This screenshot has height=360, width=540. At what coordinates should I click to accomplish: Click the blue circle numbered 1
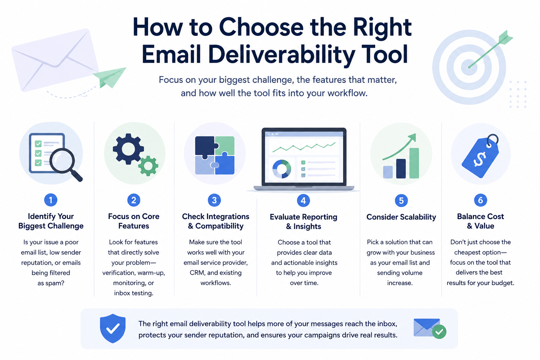tap(51, 200)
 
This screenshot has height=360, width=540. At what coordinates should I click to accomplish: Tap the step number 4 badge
tap(303, 200)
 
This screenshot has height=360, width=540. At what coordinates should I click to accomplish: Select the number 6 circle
tap(481, 200)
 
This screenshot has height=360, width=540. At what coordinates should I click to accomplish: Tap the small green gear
tap(148, 166)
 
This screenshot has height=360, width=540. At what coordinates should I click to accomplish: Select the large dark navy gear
tap(128, 149)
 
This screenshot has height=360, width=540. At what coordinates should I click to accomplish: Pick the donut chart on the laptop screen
tap(281, 169)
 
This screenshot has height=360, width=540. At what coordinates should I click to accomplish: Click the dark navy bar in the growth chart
tap(401, 168)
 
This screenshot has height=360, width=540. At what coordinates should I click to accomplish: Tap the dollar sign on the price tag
tap(480, 159)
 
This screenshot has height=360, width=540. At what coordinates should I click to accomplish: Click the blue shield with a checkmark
tap(112, 328)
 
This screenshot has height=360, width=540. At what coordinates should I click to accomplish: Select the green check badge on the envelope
tap(439, 332)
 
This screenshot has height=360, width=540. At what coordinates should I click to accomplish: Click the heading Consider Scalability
tap(401, 217)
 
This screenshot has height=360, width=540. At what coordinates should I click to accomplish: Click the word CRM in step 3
tap(197, 273)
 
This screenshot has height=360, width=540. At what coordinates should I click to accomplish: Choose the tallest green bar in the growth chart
tap(414, 163)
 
